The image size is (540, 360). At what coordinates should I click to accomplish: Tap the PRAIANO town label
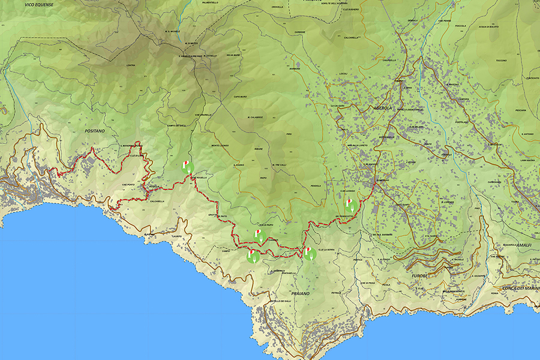pos(300,293)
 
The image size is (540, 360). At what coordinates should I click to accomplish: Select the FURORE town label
pos(419,276)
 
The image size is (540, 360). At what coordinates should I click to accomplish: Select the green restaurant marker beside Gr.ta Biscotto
pos(350,205)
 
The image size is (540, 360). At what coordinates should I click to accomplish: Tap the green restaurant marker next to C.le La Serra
pos(309,253)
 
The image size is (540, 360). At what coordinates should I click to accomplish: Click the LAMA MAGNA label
pos(510,160)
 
